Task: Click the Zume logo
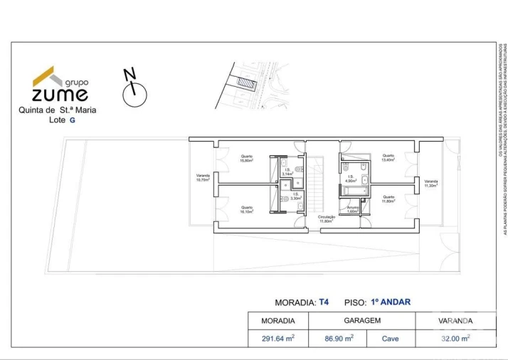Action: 60,85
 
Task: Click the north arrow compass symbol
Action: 133,88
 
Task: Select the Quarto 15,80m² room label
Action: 247,159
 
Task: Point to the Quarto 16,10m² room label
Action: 247,209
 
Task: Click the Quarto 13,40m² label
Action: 388,157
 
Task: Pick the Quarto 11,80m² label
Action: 388,198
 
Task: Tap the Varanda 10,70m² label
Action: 203,178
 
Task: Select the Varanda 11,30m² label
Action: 431,183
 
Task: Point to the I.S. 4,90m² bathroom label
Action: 351,179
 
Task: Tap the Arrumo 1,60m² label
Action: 352,209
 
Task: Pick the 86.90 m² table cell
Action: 339,339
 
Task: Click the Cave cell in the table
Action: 391,339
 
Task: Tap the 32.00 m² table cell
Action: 455,339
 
